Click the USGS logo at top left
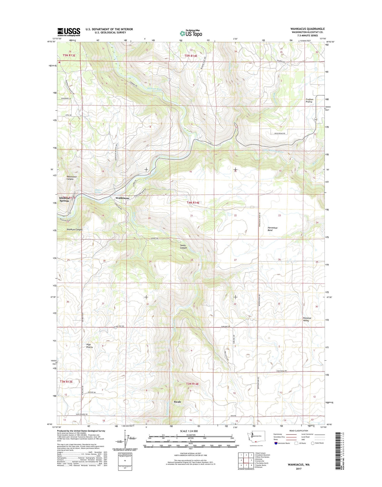69,32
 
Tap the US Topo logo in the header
191,33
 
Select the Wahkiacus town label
122,198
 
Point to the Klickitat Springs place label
64,199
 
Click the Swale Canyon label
183,247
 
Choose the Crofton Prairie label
309,100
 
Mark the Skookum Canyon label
74,229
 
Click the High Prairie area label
89,346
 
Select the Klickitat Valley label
307,319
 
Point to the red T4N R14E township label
193,202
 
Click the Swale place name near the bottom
177,402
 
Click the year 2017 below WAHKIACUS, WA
298,469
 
